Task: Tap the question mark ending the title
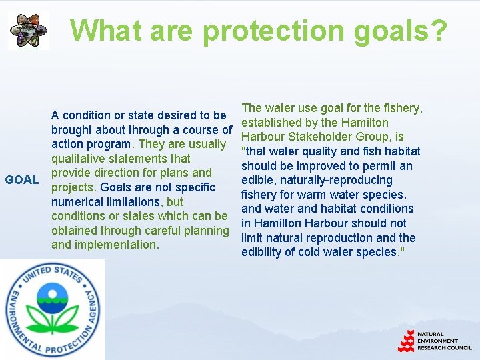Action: (439, 31)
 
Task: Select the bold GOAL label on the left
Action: (21, 180)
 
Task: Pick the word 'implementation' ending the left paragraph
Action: (117, 245)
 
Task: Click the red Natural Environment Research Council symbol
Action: (406, 341)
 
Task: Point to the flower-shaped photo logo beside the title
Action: (28, 30)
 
